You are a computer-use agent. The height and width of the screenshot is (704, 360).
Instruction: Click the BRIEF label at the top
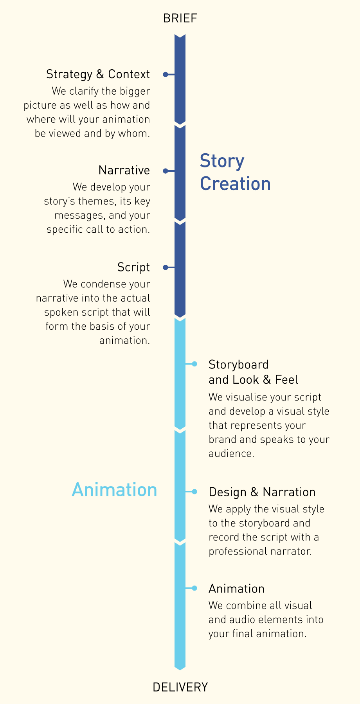pos(180,18)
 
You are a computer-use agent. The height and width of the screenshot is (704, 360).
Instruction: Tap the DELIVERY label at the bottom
pos(180,687)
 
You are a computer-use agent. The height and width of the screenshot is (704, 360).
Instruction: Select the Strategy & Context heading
pos(98,74)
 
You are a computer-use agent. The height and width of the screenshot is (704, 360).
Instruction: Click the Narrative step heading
pos(124,170)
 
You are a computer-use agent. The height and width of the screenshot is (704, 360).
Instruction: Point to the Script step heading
pos(134,268)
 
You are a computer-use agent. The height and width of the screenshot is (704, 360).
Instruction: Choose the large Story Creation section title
pos(235,172)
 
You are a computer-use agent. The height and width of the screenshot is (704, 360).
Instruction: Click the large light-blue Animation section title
pos(114,490)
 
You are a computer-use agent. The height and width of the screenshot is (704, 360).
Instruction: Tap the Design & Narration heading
pos(262,492)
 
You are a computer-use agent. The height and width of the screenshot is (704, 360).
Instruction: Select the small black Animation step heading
pos(237,589)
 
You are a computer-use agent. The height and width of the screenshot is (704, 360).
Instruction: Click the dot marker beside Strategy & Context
pos(166,74)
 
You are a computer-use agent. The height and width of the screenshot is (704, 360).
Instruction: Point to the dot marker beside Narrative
pos(166,171)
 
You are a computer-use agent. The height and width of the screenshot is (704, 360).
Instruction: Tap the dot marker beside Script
pos(166,268)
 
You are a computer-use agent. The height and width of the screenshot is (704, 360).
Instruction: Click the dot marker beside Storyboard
pos(194,364)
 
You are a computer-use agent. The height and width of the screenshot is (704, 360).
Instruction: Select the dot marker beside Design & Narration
pos(194,492)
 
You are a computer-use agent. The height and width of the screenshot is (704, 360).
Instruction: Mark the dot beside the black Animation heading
pos(194,588)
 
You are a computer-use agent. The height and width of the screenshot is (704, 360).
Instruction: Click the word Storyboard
pos(239,365)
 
